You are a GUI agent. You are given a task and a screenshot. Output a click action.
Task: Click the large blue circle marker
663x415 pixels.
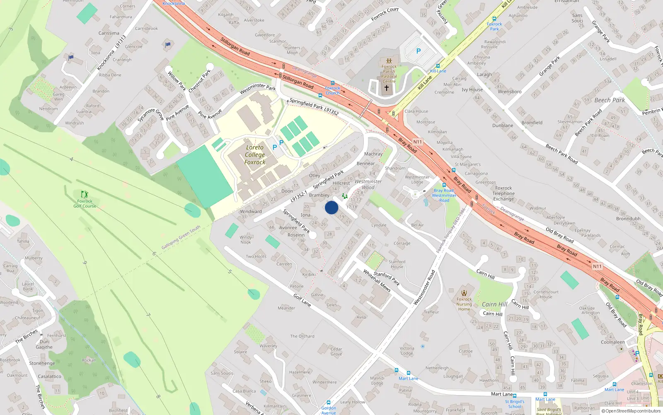coord(331,207)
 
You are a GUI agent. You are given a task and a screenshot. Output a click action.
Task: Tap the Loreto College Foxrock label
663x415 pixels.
coord(254,155)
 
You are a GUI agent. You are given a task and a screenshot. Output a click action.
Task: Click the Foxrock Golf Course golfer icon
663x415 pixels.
coord(85,194)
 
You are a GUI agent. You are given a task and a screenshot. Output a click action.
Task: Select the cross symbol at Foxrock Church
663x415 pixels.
coord(387,88)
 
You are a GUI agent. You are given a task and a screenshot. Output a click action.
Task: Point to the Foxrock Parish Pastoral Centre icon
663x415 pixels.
coord(389,61)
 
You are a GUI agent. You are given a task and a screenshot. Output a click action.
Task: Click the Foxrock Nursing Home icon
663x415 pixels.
coord(464,293)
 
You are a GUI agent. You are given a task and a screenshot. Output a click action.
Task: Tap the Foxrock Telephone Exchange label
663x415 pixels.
coord(503,193)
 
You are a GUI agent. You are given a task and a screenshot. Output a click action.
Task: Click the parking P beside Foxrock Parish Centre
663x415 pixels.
coord(419,51)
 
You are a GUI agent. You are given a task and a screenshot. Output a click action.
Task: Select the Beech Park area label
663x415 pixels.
coord(610,100)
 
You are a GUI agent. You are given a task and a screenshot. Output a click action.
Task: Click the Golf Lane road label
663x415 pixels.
coord(302,300)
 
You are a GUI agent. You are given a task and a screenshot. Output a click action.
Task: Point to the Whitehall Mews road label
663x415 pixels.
coord(377,281)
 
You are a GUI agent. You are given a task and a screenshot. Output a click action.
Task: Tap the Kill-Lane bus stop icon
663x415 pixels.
coord(438,66)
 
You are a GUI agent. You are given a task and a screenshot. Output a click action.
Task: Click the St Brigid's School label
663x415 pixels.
coord(515,404)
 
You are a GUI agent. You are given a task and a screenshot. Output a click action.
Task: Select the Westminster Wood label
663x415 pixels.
coord(368,184)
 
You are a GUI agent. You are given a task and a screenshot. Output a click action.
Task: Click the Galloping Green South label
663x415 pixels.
coord(181,237)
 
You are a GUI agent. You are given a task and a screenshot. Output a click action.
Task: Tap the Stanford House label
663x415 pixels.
coord(397,264)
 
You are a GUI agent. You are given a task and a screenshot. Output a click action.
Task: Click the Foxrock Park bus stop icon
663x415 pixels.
coord(494,19)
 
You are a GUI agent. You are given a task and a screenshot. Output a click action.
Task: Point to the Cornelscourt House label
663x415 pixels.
coord(546,294)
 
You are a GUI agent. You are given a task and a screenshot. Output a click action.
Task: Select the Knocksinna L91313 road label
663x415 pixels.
coord(111,53)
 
